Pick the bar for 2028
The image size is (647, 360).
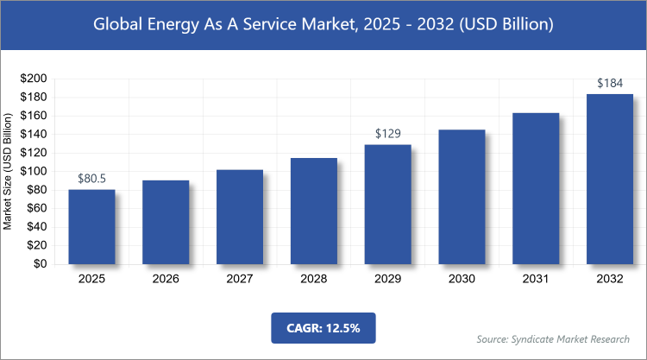coord(313,211)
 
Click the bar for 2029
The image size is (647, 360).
coord(387,205)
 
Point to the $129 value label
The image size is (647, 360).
coord(387,135)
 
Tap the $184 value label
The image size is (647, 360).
coord(609,84)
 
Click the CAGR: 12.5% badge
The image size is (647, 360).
coord(323,328)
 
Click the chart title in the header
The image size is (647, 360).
coord(323,24)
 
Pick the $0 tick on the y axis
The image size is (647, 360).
coord(40,264)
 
